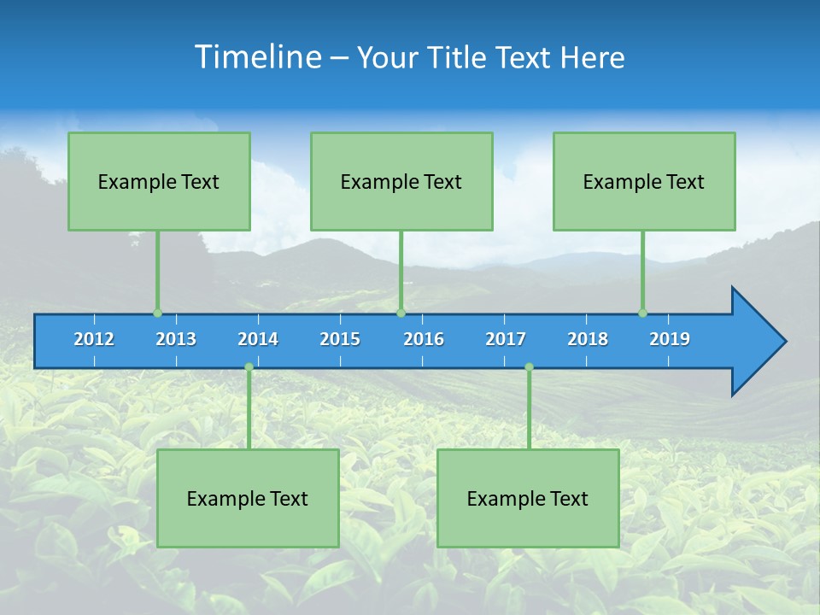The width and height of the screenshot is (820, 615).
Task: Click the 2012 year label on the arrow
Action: [94, 339]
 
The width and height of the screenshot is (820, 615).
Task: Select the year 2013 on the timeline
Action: [176, 339]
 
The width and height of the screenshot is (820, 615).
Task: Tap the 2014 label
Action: [258, 339]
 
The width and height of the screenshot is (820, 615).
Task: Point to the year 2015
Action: [340, 339]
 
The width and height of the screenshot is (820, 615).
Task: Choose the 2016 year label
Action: [424, 339]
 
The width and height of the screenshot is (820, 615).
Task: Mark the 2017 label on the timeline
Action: [506, 339]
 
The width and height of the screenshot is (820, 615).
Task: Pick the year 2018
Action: [588, 339]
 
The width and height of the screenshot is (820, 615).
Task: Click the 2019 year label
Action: [670, 339]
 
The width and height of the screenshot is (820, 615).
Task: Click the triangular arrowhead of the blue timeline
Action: [756, 342]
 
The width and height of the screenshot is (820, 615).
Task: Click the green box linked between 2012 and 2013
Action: [159, 181]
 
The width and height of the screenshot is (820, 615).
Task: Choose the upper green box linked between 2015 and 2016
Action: [401, 181]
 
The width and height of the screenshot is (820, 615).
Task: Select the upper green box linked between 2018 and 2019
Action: [644, 181]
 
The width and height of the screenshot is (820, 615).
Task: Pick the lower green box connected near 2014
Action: [248, 498]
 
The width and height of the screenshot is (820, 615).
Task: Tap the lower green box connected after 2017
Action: [528, 498]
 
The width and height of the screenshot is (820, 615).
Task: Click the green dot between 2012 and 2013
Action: [157, 313]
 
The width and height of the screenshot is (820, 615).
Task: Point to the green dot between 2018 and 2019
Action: [642, 313]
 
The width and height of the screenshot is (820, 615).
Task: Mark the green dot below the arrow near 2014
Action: [249, 367]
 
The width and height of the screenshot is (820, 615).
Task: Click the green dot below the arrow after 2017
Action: [529, 367]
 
